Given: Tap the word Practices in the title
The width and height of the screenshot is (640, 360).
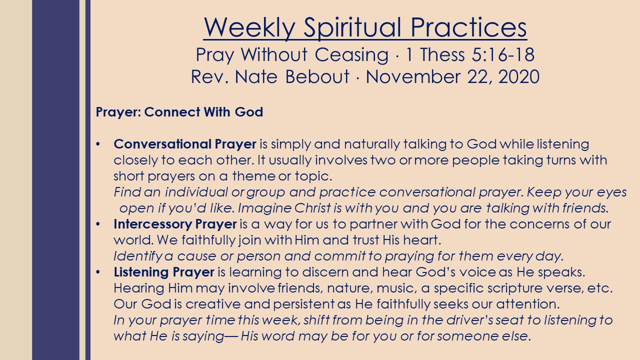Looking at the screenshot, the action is point(468,27).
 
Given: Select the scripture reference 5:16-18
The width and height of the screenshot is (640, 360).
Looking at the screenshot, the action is point(503,54).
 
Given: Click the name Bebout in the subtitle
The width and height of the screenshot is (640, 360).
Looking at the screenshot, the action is point(317,76).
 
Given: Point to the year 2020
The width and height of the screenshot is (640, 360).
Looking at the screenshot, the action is point(519,77).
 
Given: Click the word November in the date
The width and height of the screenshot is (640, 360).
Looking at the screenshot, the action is point(413,76).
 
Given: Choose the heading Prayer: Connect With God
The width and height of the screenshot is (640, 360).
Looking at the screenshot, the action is point(179,111).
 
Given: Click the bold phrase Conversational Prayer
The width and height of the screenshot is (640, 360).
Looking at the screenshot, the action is point(185,144).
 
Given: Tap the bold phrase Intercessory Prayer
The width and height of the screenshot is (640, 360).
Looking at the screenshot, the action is point(175,224).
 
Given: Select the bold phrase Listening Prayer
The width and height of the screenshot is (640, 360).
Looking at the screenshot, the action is point(164,272).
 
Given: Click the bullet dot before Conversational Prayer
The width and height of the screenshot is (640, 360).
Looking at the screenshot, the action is point(98,144).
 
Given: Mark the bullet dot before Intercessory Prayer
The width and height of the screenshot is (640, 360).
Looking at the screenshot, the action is point(98,224).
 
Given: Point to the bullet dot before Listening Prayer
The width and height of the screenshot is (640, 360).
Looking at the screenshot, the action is point(98,272).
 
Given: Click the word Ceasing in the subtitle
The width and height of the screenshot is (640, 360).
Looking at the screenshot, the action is point(351,54).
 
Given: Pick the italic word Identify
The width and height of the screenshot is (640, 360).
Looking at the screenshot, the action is point(138,256).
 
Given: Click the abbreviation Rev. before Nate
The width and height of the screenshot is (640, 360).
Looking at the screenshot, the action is point(209,77).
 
